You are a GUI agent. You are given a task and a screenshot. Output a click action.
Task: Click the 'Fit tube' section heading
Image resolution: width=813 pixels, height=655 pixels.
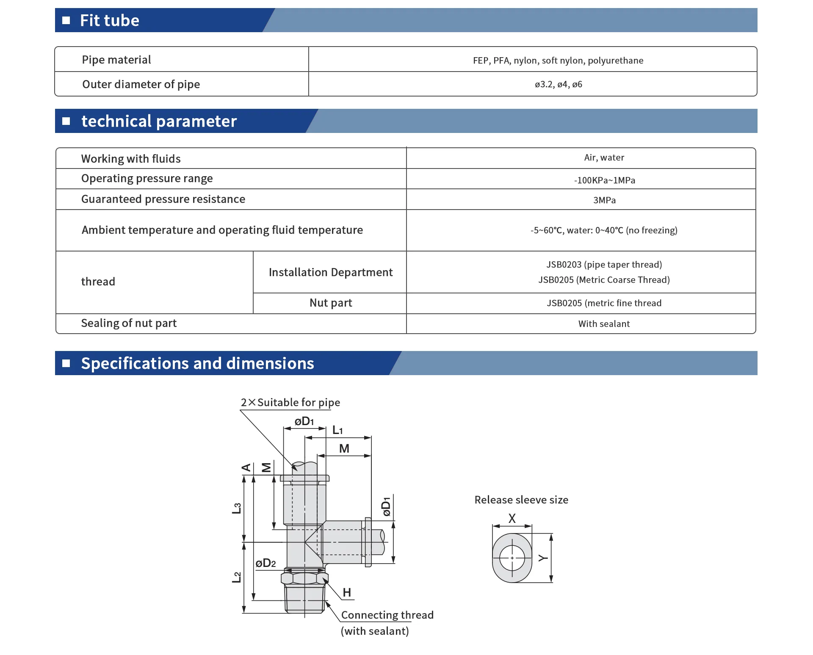[110, 20]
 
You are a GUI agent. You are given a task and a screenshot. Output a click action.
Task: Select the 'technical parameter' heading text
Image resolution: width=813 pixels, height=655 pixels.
[159, 121]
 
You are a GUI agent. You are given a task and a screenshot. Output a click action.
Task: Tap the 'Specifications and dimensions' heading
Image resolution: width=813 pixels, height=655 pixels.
[197, 363]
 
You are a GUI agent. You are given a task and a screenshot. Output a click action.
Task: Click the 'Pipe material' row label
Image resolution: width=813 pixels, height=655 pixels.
[116, 60]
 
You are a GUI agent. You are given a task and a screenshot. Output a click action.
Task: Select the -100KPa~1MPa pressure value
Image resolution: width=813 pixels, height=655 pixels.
[604, 180]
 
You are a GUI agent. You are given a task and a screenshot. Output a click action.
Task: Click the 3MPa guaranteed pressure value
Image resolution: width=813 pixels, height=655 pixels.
[604, 200]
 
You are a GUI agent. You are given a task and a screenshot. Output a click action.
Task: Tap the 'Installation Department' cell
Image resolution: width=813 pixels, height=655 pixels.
[331, 272]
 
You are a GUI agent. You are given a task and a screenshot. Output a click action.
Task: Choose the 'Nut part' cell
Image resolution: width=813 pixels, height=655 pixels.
[331, 303]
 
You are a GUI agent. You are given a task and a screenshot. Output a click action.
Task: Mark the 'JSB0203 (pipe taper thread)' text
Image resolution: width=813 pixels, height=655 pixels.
[604, 265]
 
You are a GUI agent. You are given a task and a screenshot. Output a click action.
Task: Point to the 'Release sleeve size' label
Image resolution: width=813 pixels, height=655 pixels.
[521, 500]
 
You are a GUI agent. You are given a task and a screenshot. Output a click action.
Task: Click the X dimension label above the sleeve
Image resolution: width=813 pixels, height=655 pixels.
[512, 518]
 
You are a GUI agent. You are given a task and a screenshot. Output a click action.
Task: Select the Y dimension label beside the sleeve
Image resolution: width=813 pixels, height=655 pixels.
[543, 558]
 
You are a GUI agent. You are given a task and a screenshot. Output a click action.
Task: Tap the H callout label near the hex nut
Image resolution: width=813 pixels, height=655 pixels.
[347, 592]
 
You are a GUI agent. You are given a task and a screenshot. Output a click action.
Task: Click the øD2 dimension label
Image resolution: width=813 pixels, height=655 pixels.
[265, 563]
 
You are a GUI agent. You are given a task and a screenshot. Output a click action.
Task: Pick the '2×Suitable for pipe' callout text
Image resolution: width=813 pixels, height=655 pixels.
[290, 402]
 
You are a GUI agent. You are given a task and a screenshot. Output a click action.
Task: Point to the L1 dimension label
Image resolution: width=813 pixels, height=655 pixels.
[337, 430]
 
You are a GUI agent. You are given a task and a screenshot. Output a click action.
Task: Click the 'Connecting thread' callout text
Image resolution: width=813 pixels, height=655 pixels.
[387, 615]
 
